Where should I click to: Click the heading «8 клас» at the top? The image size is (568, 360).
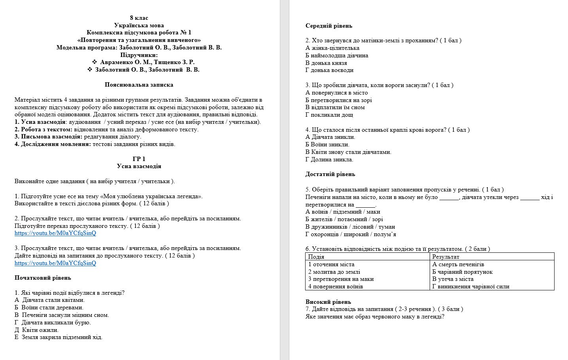point(139,18)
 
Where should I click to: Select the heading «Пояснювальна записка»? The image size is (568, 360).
point(139,85)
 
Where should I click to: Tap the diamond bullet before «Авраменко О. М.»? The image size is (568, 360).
point(94,62)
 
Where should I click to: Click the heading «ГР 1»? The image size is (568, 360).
point(139,159)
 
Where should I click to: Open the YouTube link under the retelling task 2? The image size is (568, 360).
point(55,233)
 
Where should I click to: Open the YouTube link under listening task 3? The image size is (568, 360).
point(55,263)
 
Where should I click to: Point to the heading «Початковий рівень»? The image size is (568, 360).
point(43,278)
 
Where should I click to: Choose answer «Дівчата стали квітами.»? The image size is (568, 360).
point(53,300)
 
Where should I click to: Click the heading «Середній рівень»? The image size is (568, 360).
point(328,26)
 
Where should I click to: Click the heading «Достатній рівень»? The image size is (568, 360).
point(330,174)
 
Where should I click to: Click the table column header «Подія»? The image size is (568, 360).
point(316,257)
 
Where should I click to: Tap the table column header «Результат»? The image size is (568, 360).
point(445,257)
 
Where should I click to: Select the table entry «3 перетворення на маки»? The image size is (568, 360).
point(341,279)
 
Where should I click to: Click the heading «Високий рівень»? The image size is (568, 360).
point(328,302)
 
